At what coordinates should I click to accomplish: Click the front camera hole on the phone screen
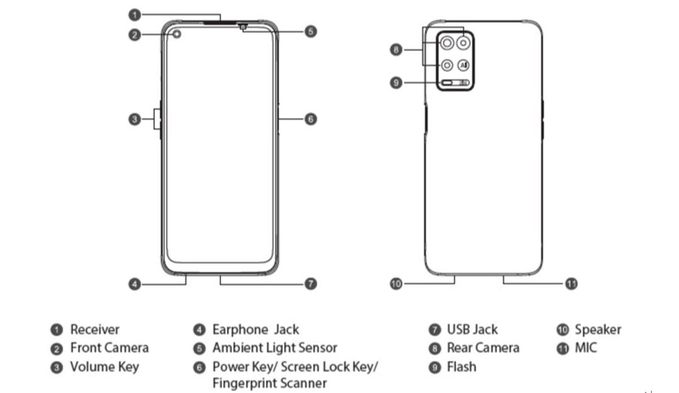(176, 34)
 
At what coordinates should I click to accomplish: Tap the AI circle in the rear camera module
(463, 65)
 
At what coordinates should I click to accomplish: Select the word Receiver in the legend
(94, 329)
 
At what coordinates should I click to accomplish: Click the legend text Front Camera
(109, 348)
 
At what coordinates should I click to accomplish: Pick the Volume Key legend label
(104, 367)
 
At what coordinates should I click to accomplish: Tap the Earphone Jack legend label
(255, 329)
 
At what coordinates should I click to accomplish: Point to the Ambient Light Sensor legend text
(275, 348)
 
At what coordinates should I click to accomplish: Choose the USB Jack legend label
(472, 329)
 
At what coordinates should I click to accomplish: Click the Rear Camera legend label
(482, 348)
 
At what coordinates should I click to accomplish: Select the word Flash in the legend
(461, 367)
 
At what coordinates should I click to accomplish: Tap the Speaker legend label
(598, 329)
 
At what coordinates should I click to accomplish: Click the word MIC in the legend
(586, 348)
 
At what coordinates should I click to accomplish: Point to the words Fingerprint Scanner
(270, 382)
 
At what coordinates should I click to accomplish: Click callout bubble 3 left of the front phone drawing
(134, 119)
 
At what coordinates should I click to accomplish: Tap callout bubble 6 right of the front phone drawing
(311, 119)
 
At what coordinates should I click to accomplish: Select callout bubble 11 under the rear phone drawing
(571, 284)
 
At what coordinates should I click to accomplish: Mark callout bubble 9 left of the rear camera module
(396, 83)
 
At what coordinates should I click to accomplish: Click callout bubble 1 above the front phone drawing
(134, 13)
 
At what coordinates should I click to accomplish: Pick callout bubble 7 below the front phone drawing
(311, 284)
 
